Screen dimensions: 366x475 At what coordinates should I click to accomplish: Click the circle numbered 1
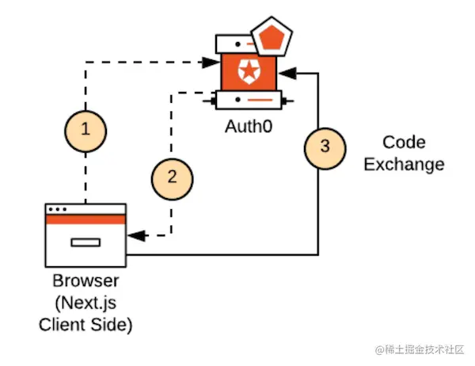coord(85,129)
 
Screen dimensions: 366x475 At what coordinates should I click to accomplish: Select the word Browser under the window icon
coord(85,282)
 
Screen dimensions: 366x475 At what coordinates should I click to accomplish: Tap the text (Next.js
coord(85,303)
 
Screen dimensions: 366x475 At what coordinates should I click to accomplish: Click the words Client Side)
coord(85,324)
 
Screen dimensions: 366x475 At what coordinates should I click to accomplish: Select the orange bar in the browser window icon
coord(85,220)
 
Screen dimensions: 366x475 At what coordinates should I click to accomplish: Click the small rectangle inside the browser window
coord(85,242)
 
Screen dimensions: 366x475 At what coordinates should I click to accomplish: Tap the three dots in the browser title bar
coord(58,210)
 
